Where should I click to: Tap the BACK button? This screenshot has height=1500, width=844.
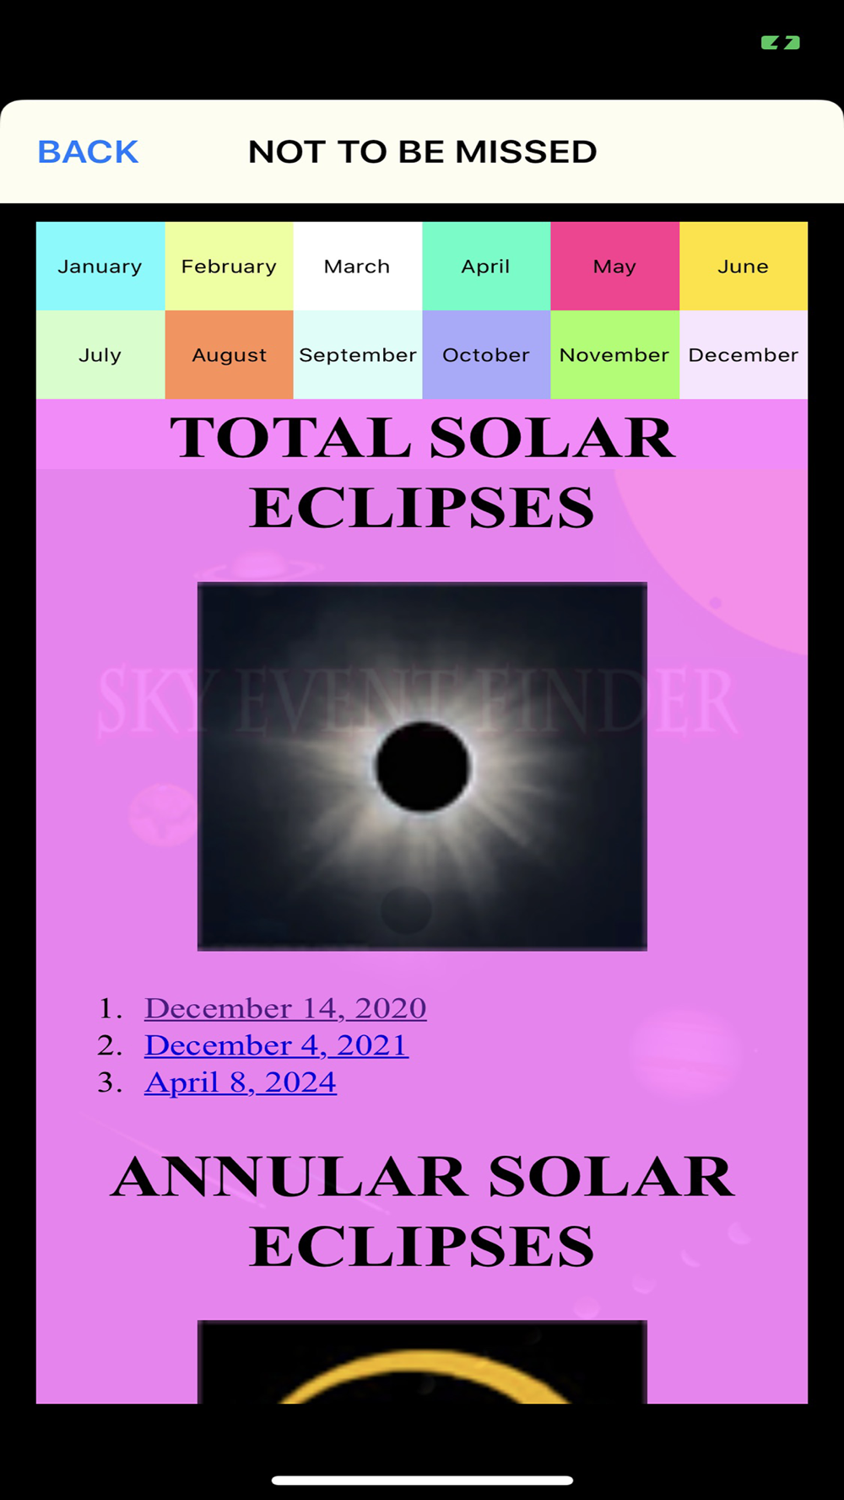coord(88,152)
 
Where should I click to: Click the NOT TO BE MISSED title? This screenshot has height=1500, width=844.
coord(423,152)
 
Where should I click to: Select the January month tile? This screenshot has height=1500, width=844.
coord(100,266)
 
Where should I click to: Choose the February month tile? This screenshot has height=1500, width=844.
coord(230,266)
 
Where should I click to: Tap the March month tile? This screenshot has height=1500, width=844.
coord(358,266)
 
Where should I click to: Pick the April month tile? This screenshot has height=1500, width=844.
coord(486,266)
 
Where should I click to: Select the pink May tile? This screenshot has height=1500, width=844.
coord(615,266)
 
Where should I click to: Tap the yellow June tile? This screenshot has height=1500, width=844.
coord(744,266)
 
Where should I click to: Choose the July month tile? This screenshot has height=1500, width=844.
coord(100,354)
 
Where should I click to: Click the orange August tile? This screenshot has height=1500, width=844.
coord(230,354)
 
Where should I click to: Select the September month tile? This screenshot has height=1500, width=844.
coord(358,354)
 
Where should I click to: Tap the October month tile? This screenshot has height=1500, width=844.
coord(486,354)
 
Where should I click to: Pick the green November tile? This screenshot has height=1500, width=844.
coord(615,354)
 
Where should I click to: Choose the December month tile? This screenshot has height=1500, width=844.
coord(744,354)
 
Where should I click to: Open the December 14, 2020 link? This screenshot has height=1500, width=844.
coord(285,1008)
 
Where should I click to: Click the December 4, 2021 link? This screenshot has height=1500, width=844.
coord(277,1045)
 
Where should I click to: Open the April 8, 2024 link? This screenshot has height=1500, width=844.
coord(241,1082)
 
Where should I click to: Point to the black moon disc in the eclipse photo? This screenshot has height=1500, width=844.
coord(422,767)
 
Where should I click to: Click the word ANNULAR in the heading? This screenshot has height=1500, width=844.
coord(289,1177)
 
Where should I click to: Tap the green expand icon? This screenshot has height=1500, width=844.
coord(781,43)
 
